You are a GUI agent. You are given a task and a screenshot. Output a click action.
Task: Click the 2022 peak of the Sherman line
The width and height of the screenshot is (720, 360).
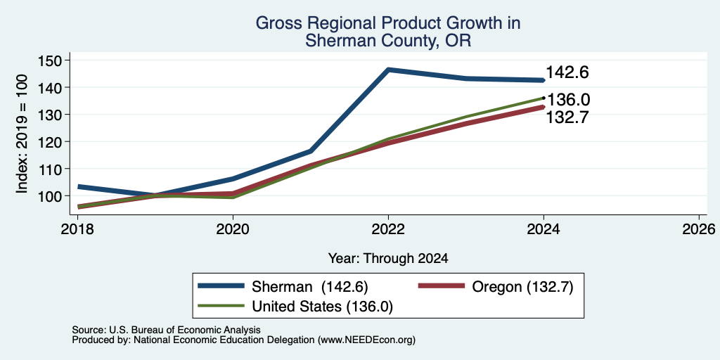pyautogui.click(x=388, y=70)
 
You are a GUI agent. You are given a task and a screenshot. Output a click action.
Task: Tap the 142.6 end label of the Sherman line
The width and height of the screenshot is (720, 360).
pyautogui.click(x=567, y=72)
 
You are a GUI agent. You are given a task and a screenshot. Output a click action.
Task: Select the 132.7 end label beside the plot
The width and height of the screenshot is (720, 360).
pyautogui.click(x=567, y=117)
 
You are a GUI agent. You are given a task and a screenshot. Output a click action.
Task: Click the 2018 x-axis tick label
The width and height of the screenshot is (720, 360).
pyautogui.click(x=77, y=229)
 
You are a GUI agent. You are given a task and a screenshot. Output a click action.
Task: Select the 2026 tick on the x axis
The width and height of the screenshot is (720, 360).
pyautogui.click(x=700, y=229)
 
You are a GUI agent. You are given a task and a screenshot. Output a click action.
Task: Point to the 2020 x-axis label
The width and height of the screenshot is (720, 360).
pyautogui.click(x=233, y=229)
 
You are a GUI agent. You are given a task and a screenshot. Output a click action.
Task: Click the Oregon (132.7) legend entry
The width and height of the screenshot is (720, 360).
pyautogui.click(x=496, y=287)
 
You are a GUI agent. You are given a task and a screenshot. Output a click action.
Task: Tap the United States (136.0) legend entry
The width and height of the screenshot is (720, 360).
pyautogui.click(x=295, y=307)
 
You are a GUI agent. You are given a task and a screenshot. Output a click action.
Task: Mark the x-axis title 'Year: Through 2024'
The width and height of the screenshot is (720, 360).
pyautogui.click(x=388, y=259)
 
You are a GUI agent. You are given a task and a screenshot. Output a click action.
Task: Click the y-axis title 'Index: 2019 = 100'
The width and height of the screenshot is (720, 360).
pyautogui.click(x=22, y=134)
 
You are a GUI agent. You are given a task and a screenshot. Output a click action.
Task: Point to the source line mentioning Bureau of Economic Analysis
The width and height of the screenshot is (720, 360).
pyautogui.click(x=166, y=330)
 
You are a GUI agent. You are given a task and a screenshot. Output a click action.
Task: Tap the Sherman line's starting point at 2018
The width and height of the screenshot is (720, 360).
pyautogui.click(x=79, y=187)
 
